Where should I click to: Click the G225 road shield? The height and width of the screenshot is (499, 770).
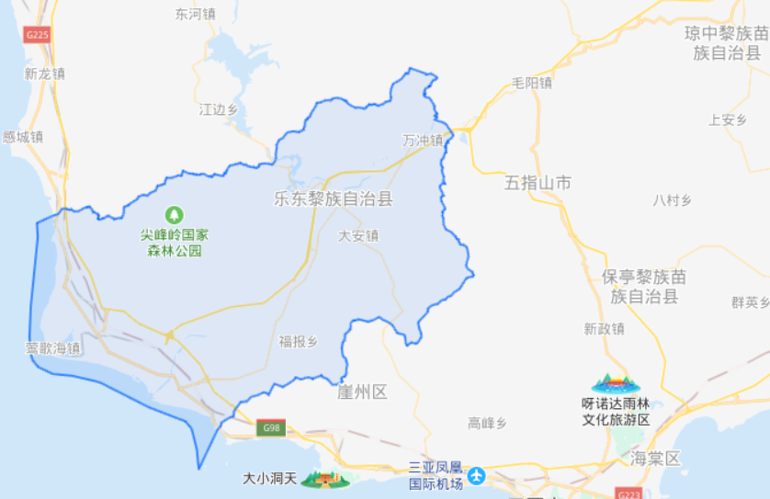pyautogui.click(x=37, y=35)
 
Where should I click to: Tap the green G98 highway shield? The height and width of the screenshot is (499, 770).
pyautogui.click(x=272, y=427)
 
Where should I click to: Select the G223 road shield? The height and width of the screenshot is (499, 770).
pyautogui.click(x=630, y=493)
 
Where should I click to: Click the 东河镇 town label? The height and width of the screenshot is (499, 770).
pyautogui.click(x=195, y=15)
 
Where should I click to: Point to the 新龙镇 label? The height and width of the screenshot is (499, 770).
pyautogui.click(x=45, y=74)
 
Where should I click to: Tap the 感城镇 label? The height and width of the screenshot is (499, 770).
pyautogui.click(x=23, y=137)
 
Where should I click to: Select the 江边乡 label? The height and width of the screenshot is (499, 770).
pyautogui.click(x=219, y=109)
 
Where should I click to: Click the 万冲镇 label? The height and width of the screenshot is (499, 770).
pyautogui.click(x=422, y=141)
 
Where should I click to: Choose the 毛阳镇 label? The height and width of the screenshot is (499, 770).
pyautogui.click(x=532, y=83)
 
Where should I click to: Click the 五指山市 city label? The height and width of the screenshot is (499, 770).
pyautogui.click(x=538, y=183)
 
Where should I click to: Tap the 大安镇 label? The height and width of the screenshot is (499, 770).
pyautogui.click(x=358, y=235)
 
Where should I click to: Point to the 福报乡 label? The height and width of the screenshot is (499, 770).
pyautogui.click(x=299, y=342)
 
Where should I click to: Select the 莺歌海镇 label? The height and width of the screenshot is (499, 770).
pyautogui.click(x=53, y=348)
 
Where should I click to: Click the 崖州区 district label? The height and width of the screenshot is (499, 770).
pyautogui.click(x=362, y=392)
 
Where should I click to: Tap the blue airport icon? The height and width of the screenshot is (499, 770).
pyautogui.click(x=476, y=475)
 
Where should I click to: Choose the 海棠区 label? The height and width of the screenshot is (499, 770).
pyautogui.click(x=654, y=458)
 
